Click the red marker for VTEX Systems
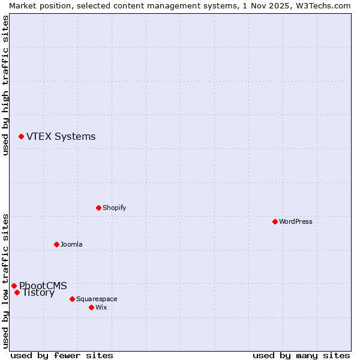tap(21, 137)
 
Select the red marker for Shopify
tap(98, 208)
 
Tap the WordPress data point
tap(275, 221)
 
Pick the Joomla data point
tap(56, 244)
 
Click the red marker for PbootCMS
tap(14, 286)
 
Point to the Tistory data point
tap(17, 293)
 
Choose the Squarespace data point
tap(72, 299)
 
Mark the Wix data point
tap(91, 307)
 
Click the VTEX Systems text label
tap(61, 137)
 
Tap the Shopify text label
tap(114, 208)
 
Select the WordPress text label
tap(295, 221)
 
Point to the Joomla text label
tap(71, 244)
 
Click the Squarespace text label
tap(97, 299)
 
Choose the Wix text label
tap(101, 307)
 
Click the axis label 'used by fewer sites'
tap(62, 355)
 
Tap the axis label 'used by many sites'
tap(301, 355)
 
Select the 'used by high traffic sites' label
tap(5, 85)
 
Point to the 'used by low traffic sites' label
tap(5, 280)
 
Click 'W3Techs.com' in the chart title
tap(322, 5)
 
